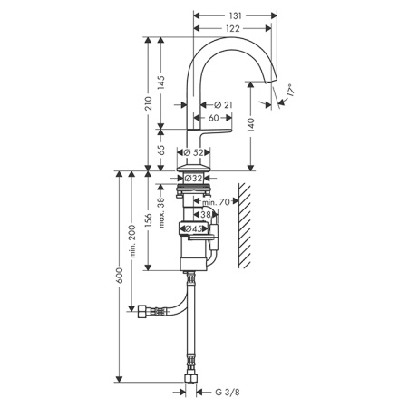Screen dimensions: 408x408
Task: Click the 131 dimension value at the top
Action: pos(236,15)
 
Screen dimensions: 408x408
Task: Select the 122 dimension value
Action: pos(233,28)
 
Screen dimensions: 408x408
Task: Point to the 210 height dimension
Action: pos(148,103)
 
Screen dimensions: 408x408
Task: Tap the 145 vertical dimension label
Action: pos(161,83)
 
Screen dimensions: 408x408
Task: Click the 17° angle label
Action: pos(289,90)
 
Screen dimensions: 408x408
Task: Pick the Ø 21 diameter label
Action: pos(223,105)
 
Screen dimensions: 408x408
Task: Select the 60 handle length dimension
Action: pos(213,118)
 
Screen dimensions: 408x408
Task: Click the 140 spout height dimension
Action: pos(251,125)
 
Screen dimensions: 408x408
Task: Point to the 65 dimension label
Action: pos(161,151)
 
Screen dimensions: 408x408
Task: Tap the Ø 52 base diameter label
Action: pos(193,152)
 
